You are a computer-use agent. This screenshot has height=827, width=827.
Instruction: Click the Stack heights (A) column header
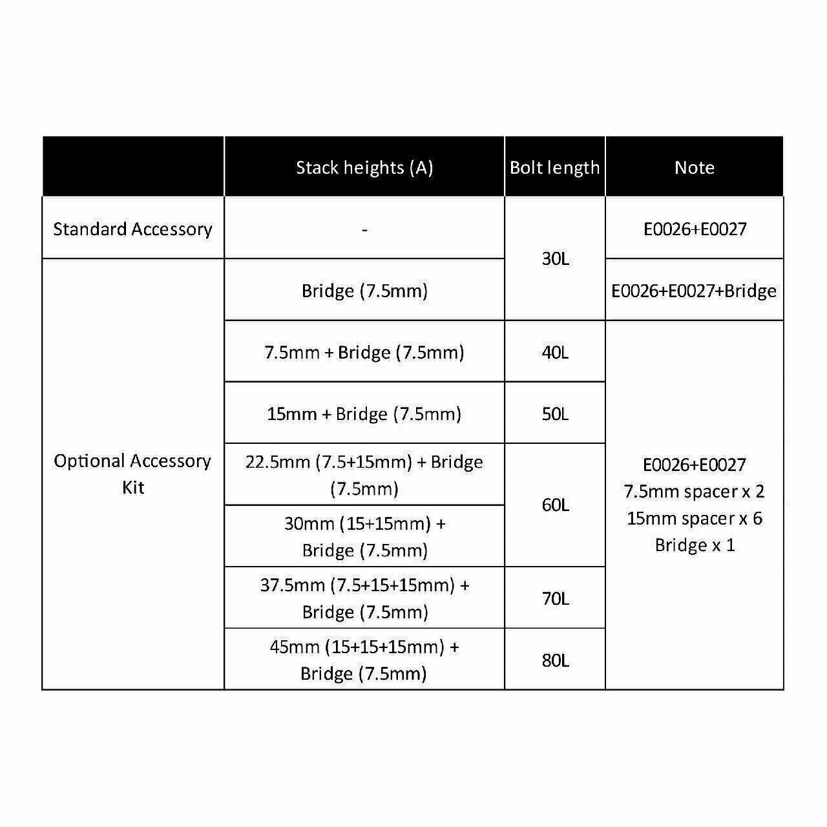point(364,167)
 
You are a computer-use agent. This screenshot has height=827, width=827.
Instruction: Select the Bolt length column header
point(554,167)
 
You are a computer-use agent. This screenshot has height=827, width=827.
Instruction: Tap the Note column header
point(694,167)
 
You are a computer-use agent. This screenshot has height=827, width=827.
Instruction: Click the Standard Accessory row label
point(132,229)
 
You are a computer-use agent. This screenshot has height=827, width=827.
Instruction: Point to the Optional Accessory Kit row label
point(132,474)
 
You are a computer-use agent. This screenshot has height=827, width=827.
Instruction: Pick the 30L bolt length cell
point(555,259)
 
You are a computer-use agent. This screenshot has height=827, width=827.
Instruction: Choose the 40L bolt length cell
point(555,353)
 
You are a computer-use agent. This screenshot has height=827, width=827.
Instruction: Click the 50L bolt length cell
point(555,414)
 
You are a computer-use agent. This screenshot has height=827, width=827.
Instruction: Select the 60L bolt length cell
point(555,505)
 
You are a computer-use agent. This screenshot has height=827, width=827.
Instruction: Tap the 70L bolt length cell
point(555,598)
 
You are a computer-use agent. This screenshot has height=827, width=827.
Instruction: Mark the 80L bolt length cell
point(555,660)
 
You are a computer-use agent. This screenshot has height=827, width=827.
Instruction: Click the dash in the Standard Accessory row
point(364,229)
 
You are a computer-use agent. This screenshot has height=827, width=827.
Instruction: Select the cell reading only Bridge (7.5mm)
point(364,291)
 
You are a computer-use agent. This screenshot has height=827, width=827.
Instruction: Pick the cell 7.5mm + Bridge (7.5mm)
point(364,353)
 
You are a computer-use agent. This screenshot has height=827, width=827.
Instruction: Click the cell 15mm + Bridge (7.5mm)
point(364,414)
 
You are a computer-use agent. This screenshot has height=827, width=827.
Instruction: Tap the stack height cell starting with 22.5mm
point(364,475)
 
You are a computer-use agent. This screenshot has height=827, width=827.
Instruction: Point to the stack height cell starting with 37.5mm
point(364,598)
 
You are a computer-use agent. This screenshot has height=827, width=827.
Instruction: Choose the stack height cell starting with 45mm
point(364,660)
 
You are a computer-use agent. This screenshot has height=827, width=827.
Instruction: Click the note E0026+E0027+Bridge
point(694,291)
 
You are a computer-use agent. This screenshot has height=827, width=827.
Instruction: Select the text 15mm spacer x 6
point(694,518)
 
